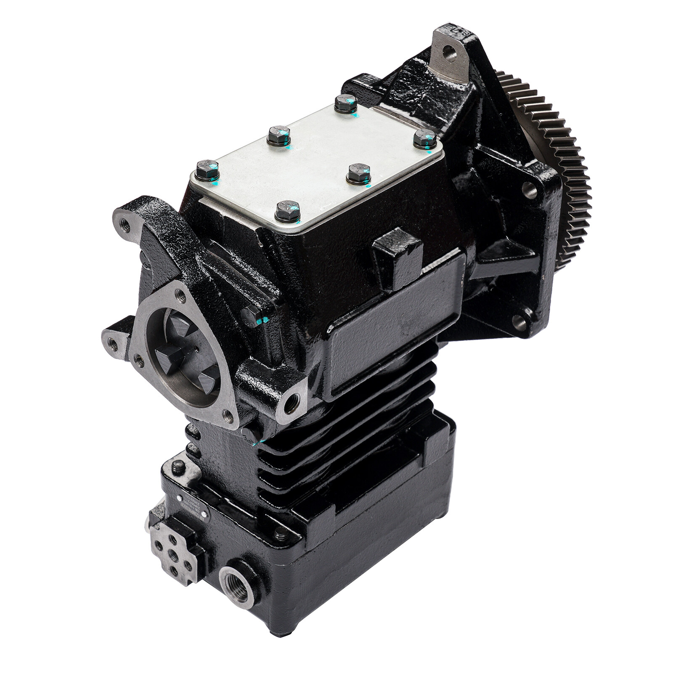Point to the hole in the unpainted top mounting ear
pyautogui.click(x=450, y=53)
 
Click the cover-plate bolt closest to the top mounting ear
pyautogui.click(x=346, y=102)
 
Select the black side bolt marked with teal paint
pyautogui.click(x=251, y=315)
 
